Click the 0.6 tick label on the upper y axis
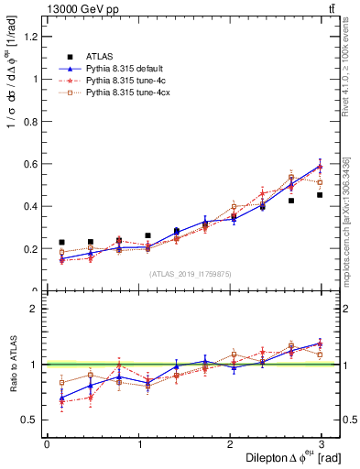point(30,164)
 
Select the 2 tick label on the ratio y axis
point(35,309)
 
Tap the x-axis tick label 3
point(322,444)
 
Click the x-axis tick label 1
point(138,444)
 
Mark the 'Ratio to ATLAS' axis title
point(12,364)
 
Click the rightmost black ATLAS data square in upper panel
point(320,195)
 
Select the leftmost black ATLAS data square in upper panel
point(61,243)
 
